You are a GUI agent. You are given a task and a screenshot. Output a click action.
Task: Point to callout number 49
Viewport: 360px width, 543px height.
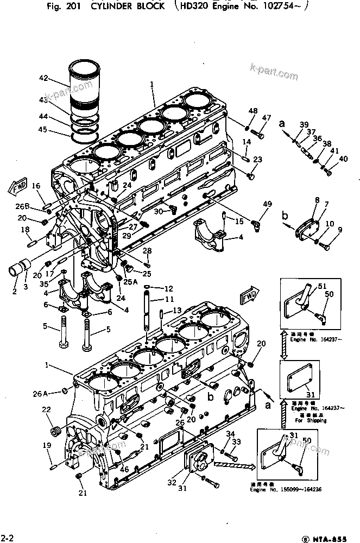click(267, 204)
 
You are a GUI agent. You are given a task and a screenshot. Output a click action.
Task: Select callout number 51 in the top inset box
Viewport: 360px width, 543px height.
click(322, 287)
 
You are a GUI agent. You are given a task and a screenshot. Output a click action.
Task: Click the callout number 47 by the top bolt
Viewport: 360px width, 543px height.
click(267, 118)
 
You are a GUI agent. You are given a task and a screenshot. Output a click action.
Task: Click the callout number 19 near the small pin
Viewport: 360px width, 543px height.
click(46, 446)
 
